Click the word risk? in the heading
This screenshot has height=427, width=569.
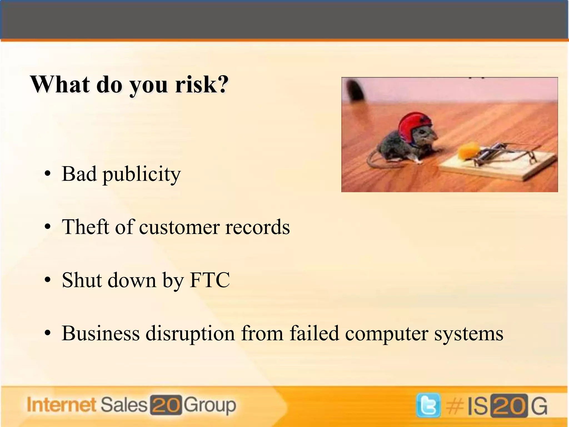202,84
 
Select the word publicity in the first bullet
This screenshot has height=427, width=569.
142,174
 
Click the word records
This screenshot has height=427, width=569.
258,227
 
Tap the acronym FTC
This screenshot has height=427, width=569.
210,280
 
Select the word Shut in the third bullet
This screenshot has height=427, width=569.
82,280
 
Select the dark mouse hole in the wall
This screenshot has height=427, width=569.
355,91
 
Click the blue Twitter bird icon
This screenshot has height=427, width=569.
428,405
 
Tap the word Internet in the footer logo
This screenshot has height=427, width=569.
61,405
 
